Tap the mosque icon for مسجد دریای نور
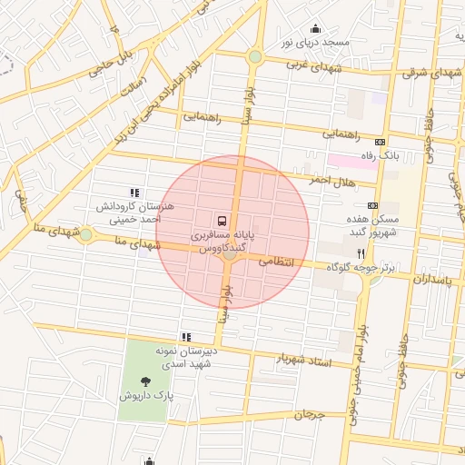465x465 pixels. pos(315,28)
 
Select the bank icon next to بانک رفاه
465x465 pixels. pos(380,141)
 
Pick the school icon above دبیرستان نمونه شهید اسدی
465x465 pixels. pos(186,337)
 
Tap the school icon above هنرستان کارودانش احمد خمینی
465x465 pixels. pos(135,193)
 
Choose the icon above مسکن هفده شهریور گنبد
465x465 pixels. pos(371,205)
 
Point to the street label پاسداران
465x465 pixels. pos(431,280)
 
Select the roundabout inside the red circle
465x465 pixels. pos(230,254)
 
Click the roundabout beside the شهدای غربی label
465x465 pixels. pos(255,57)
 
